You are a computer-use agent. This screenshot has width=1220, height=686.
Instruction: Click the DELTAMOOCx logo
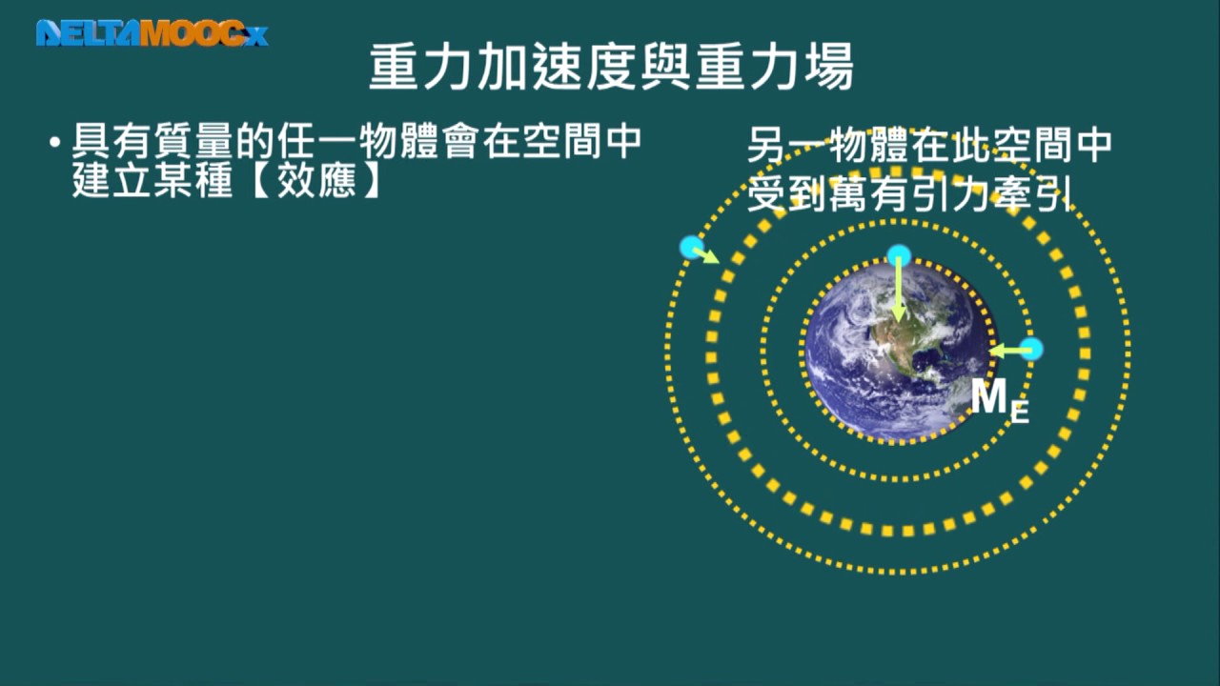click(152, 33)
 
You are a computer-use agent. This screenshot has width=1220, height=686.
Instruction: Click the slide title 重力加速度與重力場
click(611, 68)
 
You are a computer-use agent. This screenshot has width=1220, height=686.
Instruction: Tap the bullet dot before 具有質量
click(54, 143)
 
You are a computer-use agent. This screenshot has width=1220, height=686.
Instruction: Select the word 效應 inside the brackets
click(316, 180)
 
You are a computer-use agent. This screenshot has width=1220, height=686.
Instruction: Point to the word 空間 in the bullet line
click(561, 142)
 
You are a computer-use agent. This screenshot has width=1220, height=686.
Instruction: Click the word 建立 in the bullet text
click(112, 180)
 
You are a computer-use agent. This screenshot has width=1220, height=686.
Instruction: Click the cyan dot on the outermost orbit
click(692, 247)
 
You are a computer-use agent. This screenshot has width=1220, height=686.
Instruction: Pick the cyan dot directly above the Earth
click(899, 255)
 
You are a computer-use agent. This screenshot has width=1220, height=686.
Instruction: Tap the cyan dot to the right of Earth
click(1031, 349)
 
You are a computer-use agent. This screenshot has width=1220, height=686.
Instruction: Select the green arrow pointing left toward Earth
click(1010, 351)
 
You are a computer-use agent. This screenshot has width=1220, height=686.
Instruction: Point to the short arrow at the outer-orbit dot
click(706, 255)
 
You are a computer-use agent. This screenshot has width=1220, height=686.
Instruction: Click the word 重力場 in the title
click(773, 68)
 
